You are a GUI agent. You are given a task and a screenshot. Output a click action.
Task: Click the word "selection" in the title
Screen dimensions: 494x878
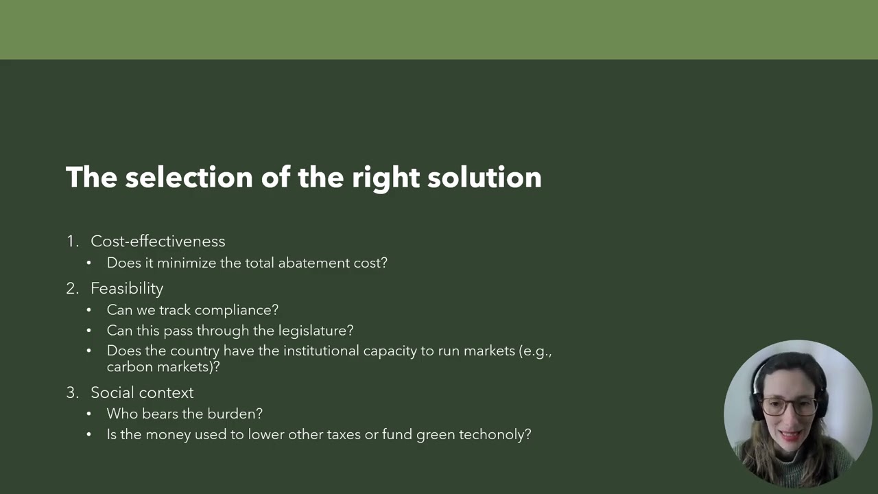[189, 177]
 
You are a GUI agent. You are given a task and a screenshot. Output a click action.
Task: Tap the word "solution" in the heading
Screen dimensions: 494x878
[484, 177]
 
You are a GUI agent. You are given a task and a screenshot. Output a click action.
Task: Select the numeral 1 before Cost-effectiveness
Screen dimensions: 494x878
[71, 242]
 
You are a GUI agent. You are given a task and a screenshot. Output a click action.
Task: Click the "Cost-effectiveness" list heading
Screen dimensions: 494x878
[158, 242]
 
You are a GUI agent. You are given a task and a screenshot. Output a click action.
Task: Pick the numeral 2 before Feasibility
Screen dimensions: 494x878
[71, 289]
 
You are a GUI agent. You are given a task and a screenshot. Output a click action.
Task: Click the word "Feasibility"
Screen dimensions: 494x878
[127, 289]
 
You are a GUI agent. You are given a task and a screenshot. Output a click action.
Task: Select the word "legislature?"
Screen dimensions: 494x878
[316, 331]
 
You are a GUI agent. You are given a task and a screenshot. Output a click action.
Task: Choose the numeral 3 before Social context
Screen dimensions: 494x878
[71, 393]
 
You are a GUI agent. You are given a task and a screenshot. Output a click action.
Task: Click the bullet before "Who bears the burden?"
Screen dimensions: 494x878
[88, 414]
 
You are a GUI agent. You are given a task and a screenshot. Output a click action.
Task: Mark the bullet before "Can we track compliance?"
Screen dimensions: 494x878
[88, 311]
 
